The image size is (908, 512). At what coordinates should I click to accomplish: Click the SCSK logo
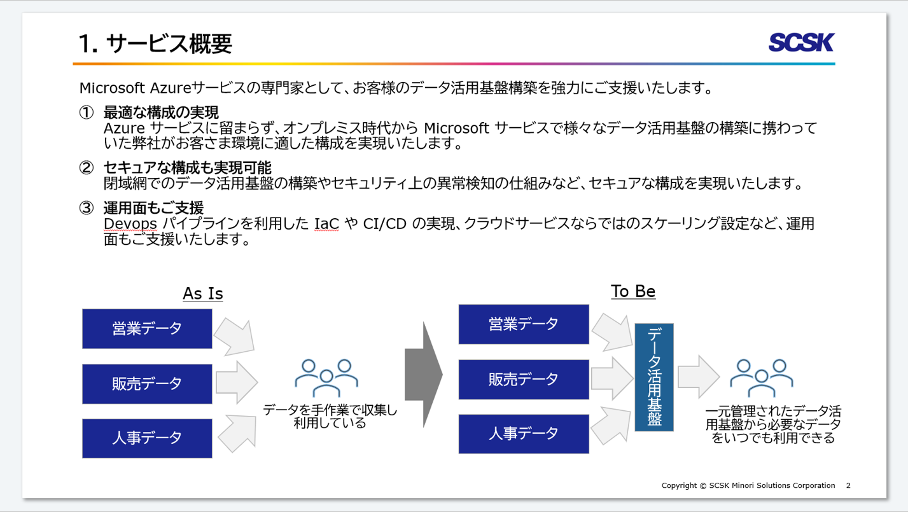click(801, 43)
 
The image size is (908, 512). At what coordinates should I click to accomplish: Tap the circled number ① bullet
click(87, 113)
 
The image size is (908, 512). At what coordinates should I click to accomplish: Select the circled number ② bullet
click(87, 168)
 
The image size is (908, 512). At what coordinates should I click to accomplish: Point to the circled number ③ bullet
click(87, 208)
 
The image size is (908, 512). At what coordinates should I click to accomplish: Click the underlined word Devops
click(130, 224)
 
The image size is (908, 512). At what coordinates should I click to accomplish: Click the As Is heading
click(203, 293)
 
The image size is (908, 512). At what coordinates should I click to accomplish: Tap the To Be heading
click(633, 291)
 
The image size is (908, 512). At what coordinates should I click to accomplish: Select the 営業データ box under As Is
click(147, 328)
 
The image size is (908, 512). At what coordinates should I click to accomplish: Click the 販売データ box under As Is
click(147, 384)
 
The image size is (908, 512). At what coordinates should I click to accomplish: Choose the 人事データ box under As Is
click(147, 438)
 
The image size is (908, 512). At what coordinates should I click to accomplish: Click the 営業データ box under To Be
click(524, 324)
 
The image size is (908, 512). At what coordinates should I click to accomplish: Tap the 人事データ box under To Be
click(524, 434)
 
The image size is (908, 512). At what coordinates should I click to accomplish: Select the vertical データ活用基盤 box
click(654, 377)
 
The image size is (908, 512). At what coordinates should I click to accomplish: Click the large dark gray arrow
click(424, 375)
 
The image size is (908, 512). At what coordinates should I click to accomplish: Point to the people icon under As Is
click(326, 378)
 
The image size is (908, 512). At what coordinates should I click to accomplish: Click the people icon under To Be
click(762, 378)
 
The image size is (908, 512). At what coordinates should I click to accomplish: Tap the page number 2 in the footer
click(848, 485)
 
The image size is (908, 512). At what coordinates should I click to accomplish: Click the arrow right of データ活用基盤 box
click(699, 377)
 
